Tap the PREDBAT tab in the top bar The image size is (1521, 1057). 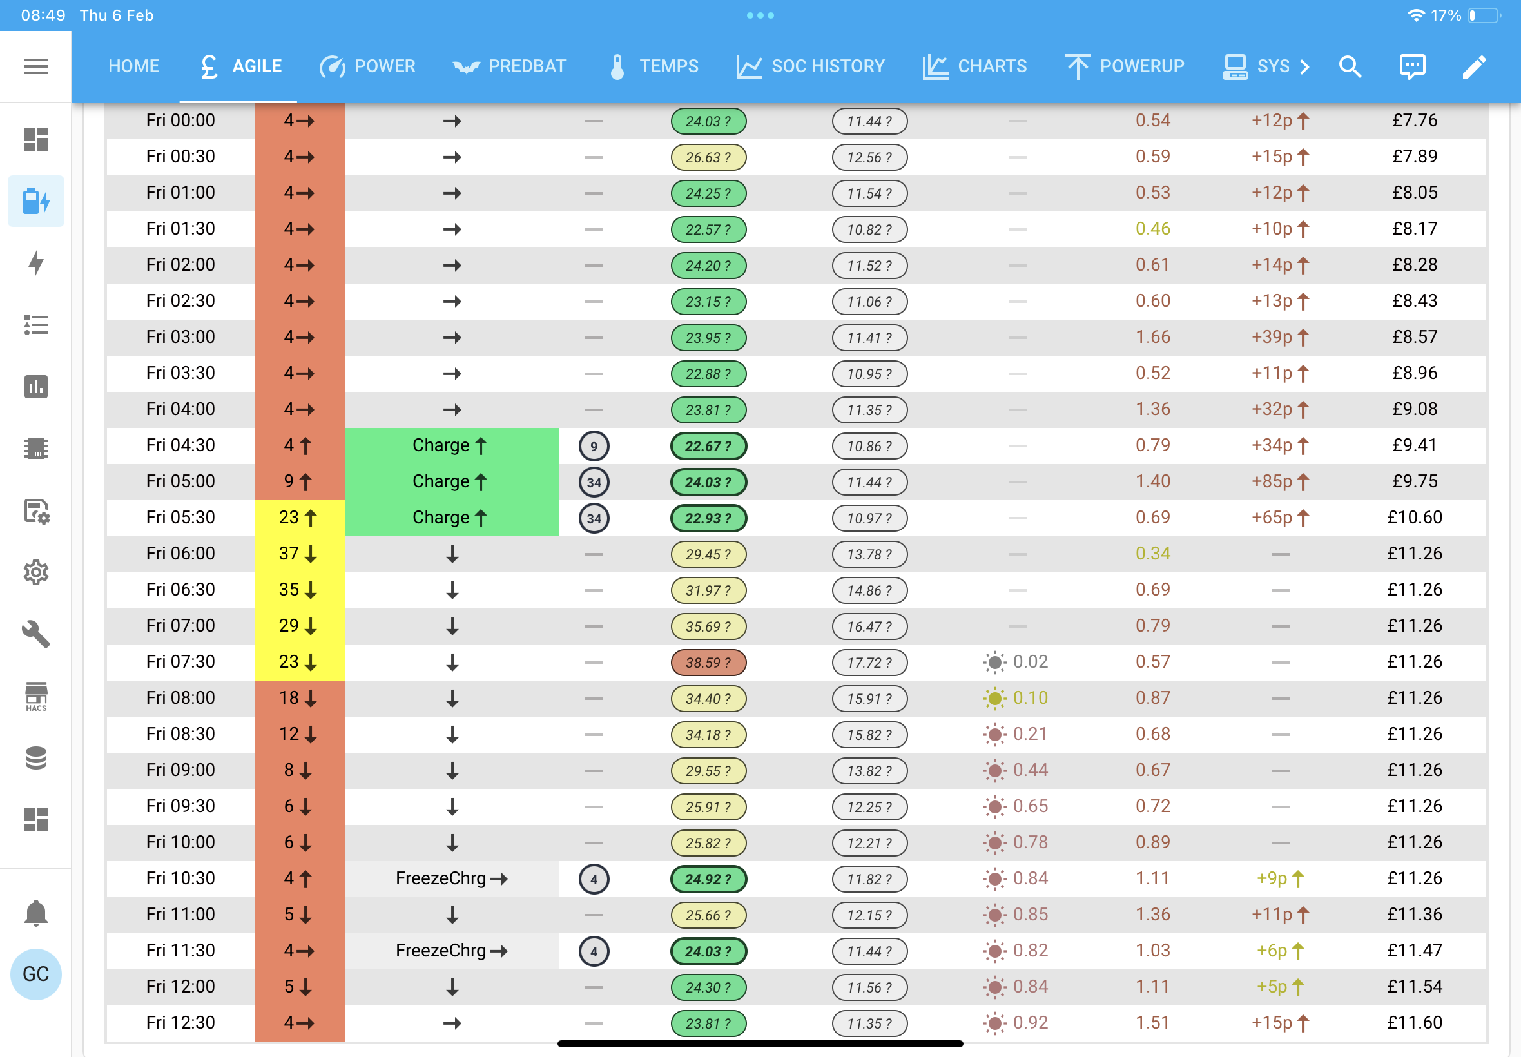[x=509, y=66]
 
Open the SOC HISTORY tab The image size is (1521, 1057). [x=811, y=66]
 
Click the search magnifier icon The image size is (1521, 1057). [x=1350, y=66]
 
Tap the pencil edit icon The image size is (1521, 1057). [x=1474, y=66]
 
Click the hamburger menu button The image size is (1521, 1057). [x=35, y=66]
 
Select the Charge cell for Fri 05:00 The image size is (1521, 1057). [x=452, y=481]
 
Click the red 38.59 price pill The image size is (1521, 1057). [x=708, y=663]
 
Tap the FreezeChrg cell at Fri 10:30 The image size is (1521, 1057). [x=452, y=878]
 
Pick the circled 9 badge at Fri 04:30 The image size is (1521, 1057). [x=594, y=446]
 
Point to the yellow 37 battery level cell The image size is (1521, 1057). [x=299, y=554]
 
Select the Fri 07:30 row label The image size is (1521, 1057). [x=180, y=662]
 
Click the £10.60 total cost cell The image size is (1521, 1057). [x=1415, y=518]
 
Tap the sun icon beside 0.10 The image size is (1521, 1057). [x=994, y=698]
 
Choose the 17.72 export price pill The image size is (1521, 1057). [x=869, y=663]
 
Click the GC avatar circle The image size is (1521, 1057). [x=35, y=974]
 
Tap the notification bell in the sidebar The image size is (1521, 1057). [x=35, y=913]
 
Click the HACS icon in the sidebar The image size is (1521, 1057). [x=35, y=697]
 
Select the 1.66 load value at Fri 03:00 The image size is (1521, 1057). [x=1153, y=337]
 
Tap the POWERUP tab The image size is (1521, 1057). [x=1125, y=66]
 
